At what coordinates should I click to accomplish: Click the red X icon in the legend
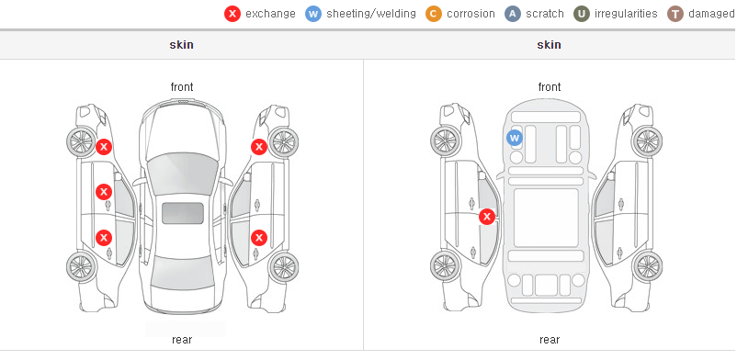[x=232, y=14]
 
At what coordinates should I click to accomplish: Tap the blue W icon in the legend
[x=313, y=14]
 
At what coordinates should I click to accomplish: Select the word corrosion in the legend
[x=471, y=14]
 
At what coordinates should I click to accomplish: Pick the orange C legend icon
[x=434, y=14]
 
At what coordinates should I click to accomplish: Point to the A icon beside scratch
[x=513, y=14]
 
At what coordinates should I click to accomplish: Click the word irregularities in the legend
[x=626, y=14]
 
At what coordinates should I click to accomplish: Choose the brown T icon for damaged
[x=675, y=14]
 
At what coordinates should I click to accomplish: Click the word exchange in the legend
[x=270, y=14]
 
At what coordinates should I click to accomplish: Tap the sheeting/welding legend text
[x=371, y=14]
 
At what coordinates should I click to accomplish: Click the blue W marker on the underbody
[x=515, y=138]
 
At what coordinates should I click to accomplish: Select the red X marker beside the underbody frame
[x=487, y=217]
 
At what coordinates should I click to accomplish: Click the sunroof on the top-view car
[x=182, y=213]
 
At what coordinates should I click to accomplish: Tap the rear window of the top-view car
[x=182, y=272]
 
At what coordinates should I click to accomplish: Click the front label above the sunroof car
[x=182, y=87]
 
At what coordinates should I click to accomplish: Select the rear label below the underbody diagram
[x=550, y=340]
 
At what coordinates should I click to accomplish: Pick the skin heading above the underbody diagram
[x=549, y=45]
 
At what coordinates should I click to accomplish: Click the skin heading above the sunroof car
[x=181, y=45]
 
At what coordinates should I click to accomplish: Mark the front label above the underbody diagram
[x=550, y=87]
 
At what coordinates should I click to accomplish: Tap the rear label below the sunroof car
[x=182, y=340]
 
